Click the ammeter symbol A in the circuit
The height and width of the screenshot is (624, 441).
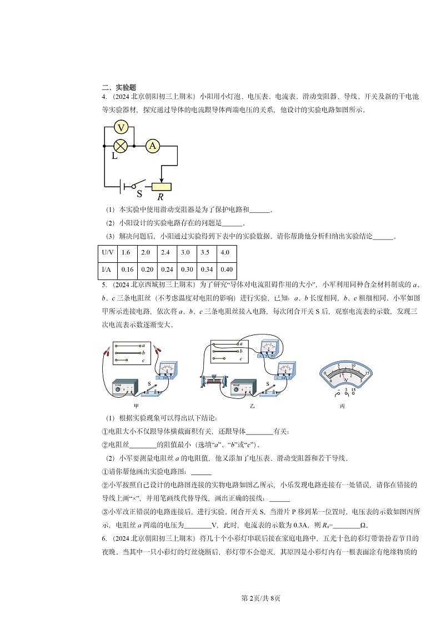[152, 146]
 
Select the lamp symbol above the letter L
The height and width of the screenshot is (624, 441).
[121, 146]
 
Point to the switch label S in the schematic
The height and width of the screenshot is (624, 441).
[139, 194]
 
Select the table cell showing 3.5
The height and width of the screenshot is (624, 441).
[205, 252]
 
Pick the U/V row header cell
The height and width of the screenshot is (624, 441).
[107, 252]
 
